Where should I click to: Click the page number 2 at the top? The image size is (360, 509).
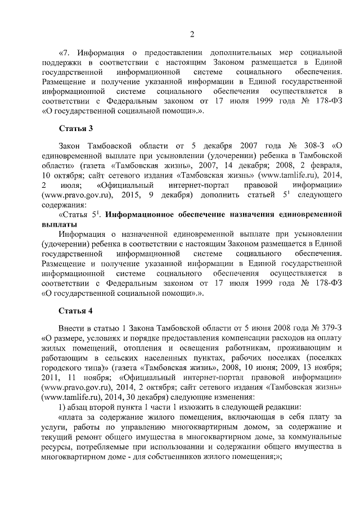coord(191,35)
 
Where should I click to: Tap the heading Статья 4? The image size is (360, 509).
coord(75,311)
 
